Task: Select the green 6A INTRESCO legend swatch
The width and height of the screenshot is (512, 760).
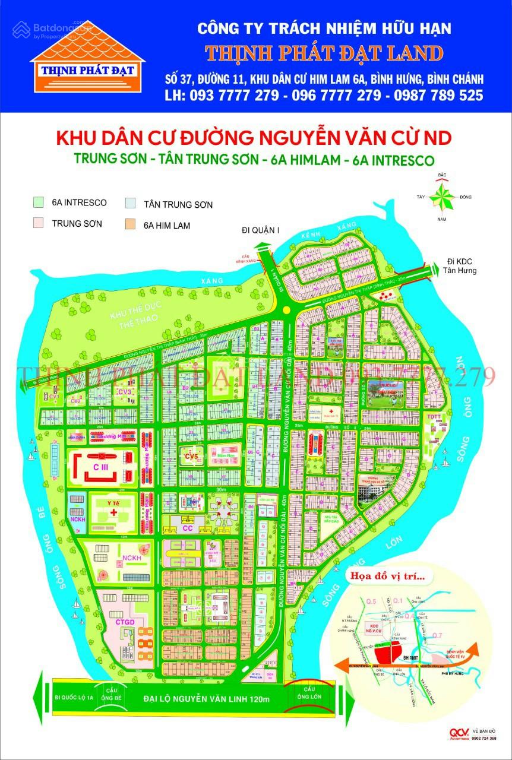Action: (x=39, y=202)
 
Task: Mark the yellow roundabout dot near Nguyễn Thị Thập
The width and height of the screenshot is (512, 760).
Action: (x=287, y=310)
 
